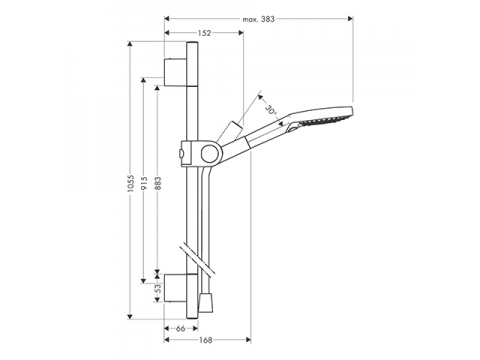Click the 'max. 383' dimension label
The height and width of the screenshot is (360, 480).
258,19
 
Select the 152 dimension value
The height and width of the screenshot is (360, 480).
205,33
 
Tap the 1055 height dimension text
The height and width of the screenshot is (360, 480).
130,183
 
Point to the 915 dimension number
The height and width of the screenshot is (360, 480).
144,184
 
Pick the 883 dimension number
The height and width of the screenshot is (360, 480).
158,184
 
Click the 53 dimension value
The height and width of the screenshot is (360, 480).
158,288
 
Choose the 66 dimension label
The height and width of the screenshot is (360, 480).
180,329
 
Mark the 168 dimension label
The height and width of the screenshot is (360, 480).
206,340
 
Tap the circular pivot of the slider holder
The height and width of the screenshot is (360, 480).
210,153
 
